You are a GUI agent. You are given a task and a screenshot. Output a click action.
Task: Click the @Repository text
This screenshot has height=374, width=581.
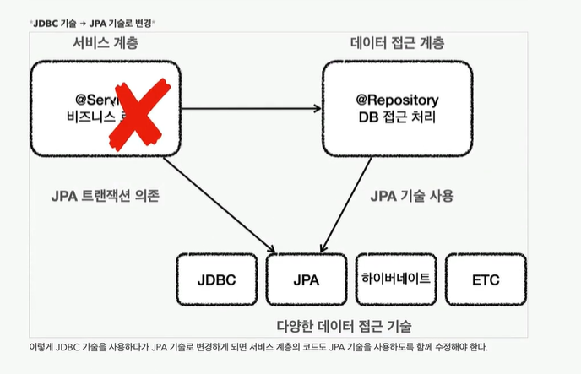[391, 99]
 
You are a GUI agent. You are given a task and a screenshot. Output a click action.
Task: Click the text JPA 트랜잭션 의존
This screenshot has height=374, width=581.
[105, 196]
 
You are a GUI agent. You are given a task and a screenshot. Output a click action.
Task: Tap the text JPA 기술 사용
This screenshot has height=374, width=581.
[412, 196]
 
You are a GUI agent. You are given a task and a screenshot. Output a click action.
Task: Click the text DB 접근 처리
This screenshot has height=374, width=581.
[391, 118]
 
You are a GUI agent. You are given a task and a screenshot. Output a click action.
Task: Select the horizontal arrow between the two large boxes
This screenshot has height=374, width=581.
[251, 108]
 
